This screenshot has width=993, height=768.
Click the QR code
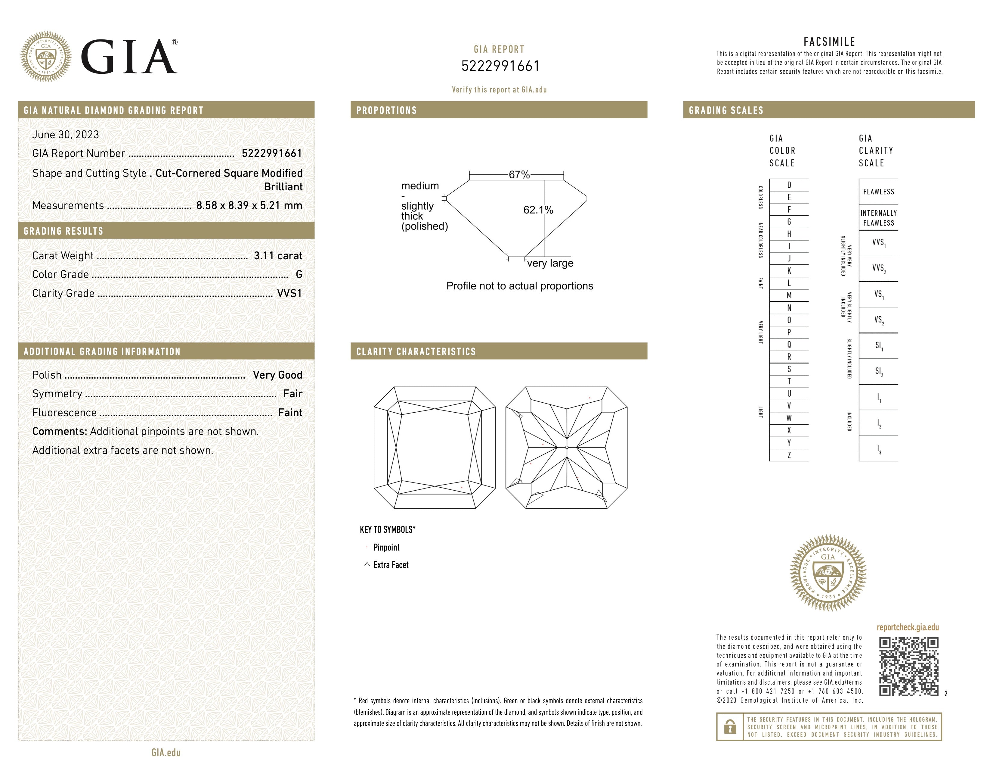(908, 667)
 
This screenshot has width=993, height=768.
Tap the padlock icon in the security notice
(730, 727)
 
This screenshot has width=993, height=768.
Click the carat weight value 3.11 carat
(278, 256)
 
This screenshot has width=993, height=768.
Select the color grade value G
(299, 274)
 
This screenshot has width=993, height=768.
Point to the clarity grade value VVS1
(289, 293)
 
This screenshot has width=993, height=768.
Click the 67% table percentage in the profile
(519, 175)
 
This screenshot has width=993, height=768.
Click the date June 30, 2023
(66, 135)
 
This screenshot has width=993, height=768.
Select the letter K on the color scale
(789, 271)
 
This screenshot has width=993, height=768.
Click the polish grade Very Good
(277, 375)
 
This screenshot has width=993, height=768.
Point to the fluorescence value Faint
(290, 413)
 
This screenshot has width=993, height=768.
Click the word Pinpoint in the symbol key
(386, 547)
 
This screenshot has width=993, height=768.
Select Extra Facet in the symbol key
(391, 565)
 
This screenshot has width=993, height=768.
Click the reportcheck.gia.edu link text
(908, 627)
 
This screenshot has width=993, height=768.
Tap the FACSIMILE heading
(829, 42)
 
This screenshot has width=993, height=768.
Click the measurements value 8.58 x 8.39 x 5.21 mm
(249, 206)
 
